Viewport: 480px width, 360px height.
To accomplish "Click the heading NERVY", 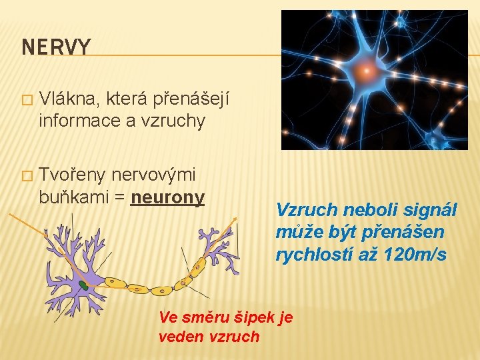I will pyautogui.click(x=56, y=47).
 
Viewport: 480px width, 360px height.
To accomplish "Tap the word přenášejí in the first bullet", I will pyautogui.click(x=191, y=100).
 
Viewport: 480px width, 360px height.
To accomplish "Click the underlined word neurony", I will pyautogui.click(x=167, y=198).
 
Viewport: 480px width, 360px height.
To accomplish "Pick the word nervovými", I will pyautogui.click(x=153, y=175).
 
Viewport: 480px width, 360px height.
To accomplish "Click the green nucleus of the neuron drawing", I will pyautogui.click(x=83, y=285).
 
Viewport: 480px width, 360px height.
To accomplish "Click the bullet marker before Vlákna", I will pyautogui.click(x=26, y=101).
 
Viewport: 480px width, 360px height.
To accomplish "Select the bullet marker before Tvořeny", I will pyautogui.click(x=26, y=176).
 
